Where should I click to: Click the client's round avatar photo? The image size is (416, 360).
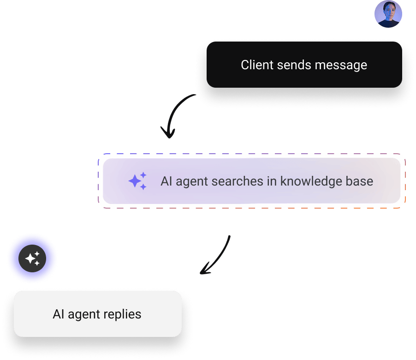(388, 14)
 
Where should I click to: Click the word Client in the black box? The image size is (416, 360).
(257, 65)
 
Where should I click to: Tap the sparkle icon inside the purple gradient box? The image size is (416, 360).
(137, 181)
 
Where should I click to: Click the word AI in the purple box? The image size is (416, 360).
(166, 181)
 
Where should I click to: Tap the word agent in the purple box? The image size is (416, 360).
(192, 181)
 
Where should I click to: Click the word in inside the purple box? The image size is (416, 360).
(270, 181)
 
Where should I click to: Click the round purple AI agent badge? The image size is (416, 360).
(32, 258)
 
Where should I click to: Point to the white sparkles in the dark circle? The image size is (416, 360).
(32, 258)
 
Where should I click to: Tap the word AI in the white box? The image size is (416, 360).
(58, 315)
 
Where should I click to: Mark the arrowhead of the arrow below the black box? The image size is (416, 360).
(168, 133)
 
